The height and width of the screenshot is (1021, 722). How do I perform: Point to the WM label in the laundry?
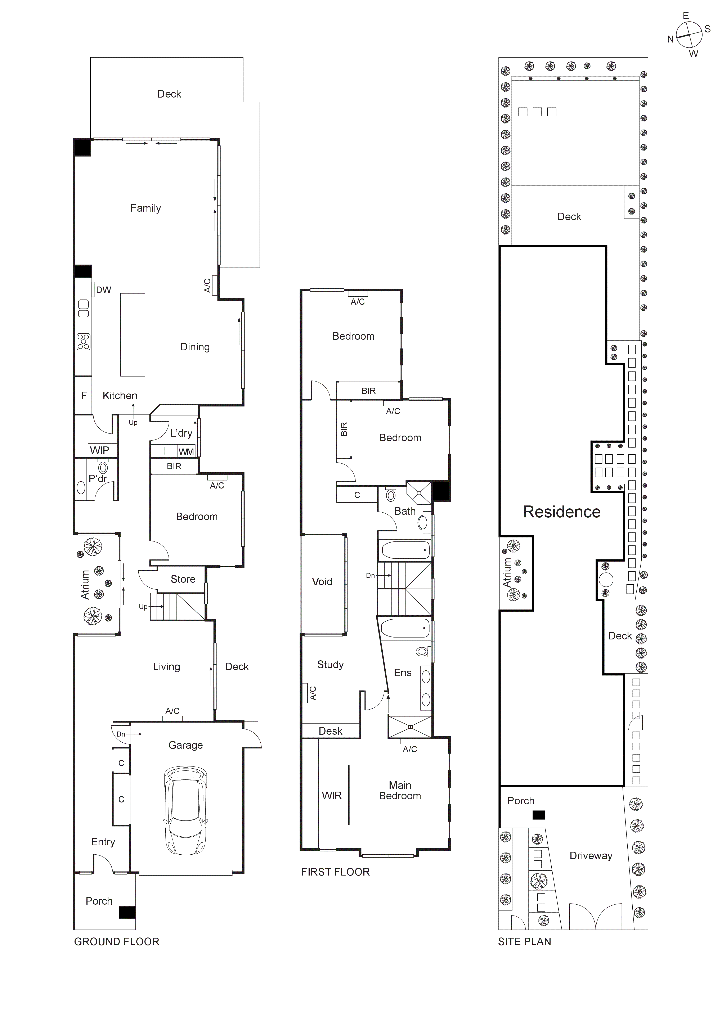point(186,452)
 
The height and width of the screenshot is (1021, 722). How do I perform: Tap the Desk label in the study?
point(331,731)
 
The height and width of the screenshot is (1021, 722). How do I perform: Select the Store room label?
point(183,579)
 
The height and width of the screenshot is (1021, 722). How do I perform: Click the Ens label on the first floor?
point(403,673)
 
